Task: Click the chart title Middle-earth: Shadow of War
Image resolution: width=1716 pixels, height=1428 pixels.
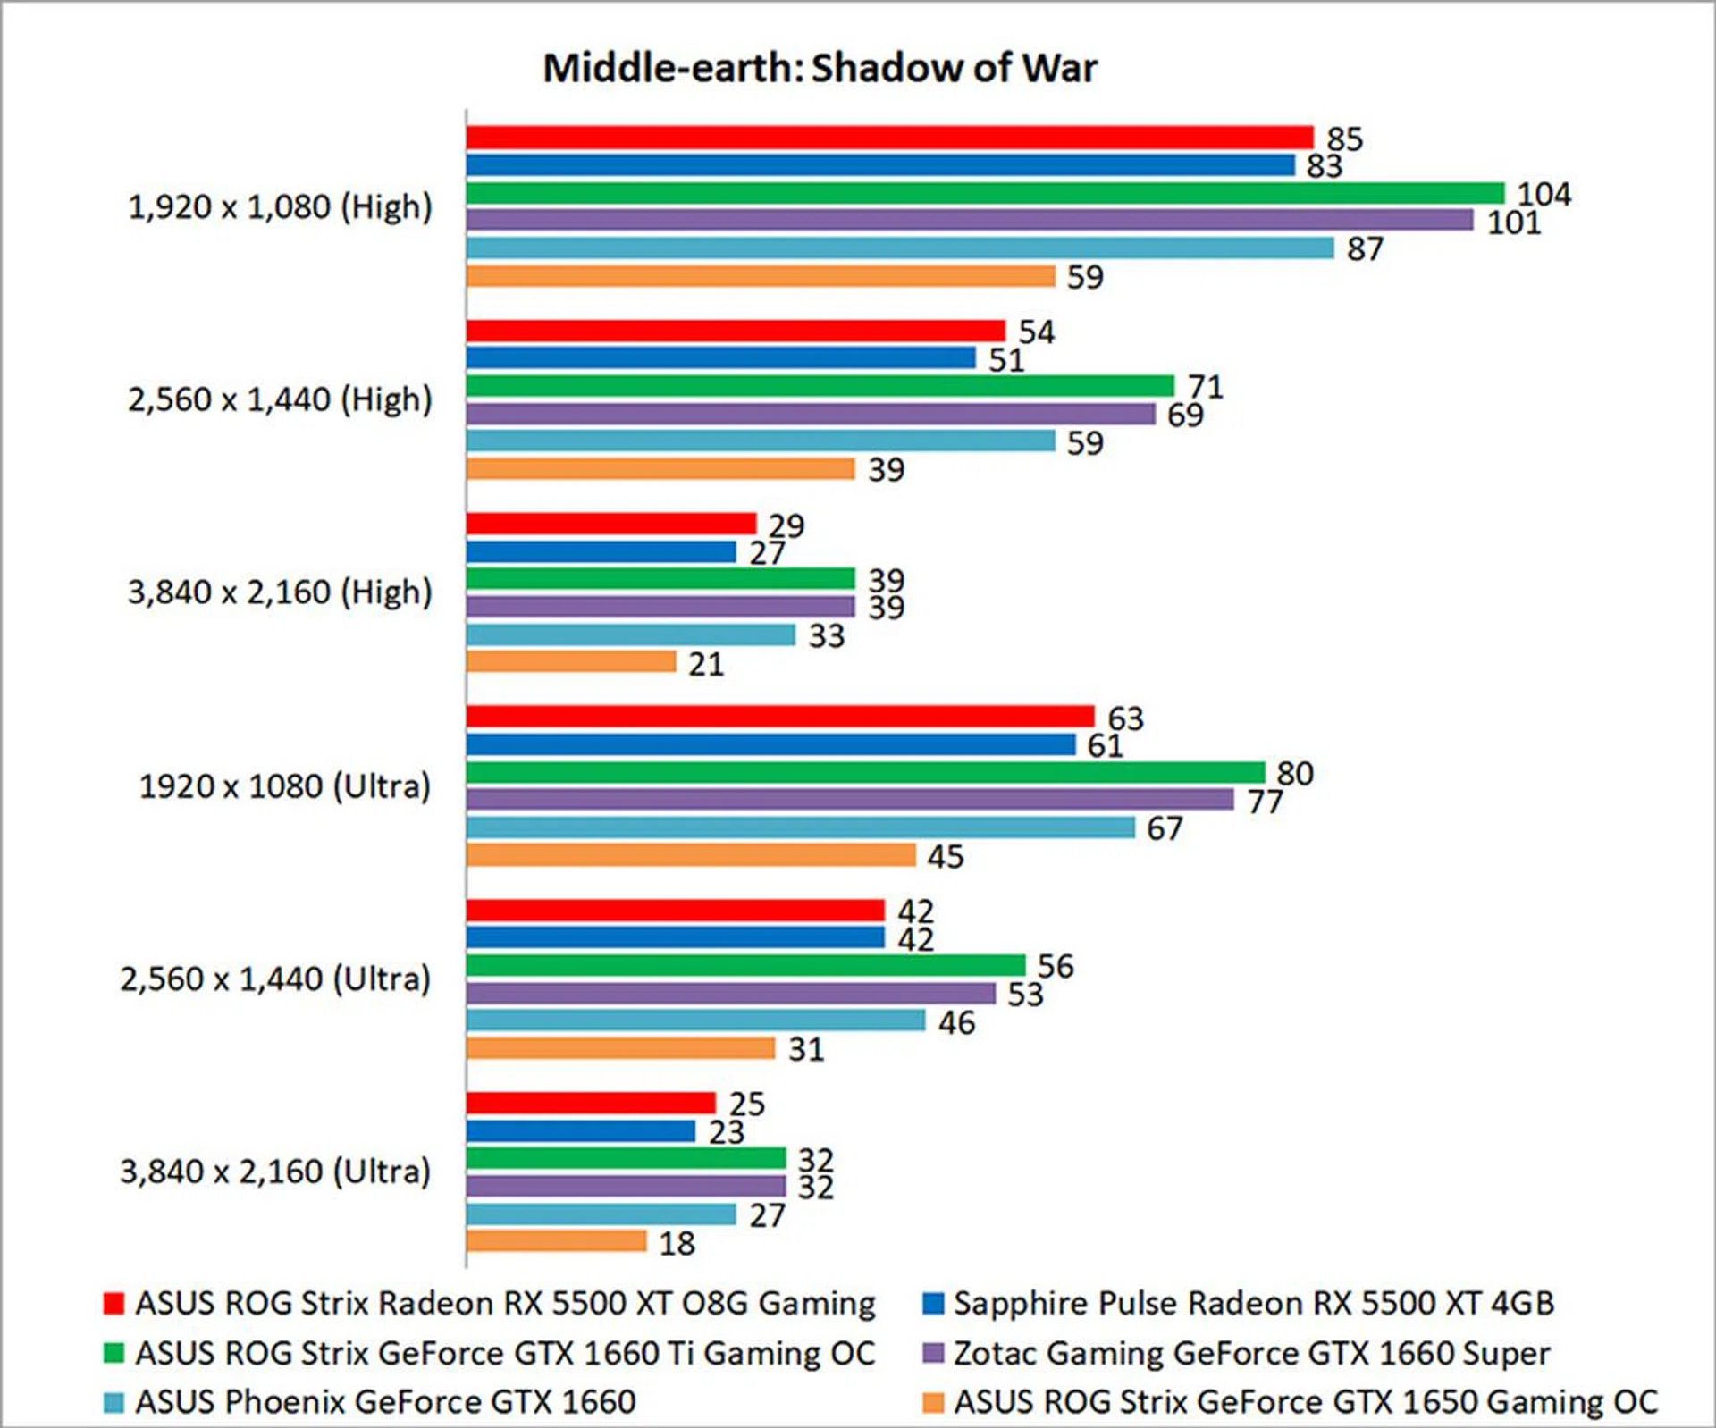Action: tap(820, 69)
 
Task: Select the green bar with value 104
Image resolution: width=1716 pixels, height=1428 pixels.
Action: tap(985, 193)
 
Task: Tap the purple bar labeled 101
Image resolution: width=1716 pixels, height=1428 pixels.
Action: tap(970, 220)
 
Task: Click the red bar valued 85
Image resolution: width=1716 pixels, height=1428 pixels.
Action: tap(889, 138)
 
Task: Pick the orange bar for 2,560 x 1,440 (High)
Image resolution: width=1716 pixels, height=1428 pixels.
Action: tap(660, 468)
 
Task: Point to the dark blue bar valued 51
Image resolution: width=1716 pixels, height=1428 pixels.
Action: tap(720, 358)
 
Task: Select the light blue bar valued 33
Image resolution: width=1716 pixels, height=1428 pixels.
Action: tap(630, 634)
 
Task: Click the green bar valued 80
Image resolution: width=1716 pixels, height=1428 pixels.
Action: tap(865, 772)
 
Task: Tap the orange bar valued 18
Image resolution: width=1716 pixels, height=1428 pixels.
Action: tap(556, 1241)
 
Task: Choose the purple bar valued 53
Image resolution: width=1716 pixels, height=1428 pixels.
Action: tap(730, 993)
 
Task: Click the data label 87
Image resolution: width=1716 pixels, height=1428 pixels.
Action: tap(1365, 249)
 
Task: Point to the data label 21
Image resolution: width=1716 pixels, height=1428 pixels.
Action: tap(706, 664)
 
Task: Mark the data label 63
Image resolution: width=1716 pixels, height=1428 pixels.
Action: tap(1125, 718)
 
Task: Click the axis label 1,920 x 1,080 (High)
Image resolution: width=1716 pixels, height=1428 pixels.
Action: tap(280, 207)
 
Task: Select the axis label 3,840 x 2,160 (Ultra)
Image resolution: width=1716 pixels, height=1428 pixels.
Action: tap(275, 1172)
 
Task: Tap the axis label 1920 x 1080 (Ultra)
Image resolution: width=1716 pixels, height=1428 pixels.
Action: tap(284, 786)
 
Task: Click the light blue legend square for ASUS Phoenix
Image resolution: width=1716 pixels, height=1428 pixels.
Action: tap(114, 1402)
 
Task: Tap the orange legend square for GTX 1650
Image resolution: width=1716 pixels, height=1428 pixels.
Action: tap(933, 1402)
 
